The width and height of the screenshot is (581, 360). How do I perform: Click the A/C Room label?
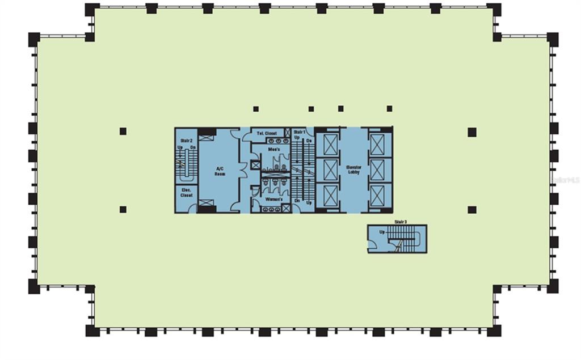point(221,171)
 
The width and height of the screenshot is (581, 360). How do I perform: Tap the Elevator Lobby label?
point(354,171)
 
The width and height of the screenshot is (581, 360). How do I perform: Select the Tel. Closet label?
point(267,133)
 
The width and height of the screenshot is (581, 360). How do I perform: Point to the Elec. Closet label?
point(186,192)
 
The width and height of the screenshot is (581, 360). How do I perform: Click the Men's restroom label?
point(267,149)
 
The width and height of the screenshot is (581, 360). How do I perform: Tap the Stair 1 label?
point(300,132)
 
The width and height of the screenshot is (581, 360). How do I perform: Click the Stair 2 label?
point(187,140)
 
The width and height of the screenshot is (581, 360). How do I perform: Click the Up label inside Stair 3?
point(382,232)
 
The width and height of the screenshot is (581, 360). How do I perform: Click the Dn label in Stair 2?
point(193,147)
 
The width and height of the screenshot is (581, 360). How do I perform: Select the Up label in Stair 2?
point(180,147)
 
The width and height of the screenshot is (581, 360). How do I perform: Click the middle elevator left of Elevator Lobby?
point(328,170)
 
